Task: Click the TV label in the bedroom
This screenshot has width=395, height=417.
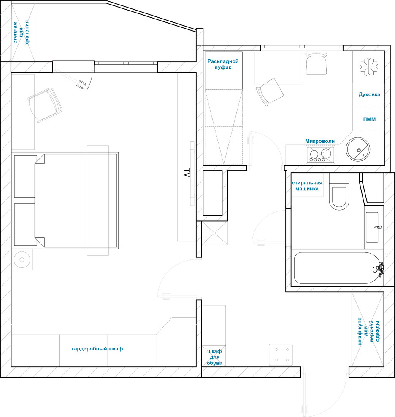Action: pyautogui.click(x=187, y=173)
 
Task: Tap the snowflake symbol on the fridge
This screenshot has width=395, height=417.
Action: pyautogui.click(x=368, y=67)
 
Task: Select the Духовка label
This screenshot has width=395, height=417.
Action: pyautogui.click(x=369, y=94)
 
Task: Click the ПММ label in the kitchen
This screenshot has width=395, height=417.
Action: pyautogui.click(x=369, y=119)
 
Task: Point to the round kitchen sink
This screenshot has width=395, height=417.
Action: pyautogui.click(x=358, y=149)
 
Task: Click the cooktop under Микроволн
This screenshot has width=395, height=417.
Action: pyautogui.click(x=320, y=155)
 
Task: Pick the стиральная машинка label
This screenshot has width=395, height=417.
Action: pyautogui.click(x=307, y=186)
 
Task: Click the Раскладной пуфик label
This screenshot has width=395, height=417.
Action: pyautogui.click(x=223, y=64)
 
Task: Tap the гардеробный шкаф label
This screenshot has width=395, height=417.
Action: pyautogui.click(x=97, y=349)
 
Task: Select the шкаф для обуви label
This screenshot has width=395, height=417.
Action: pyautogui.click(x=214, y=357)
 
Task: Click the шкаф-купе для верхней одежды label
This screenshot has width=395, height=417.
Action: pyautogui.click(x=369, y=331)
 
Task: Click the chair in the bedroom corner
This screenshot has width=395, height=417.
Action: pyautogui.click(x=44, y=105)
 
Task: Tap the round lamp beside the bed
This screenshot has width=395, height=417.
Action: pyautogui.click(x=22, y=259)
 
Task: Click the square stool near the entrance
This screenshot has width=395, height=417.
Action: pyautogui.click(x=281, y=355)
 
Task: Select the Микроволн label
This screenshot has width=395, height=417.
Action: pyautogui.click(x=320, y=141)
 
